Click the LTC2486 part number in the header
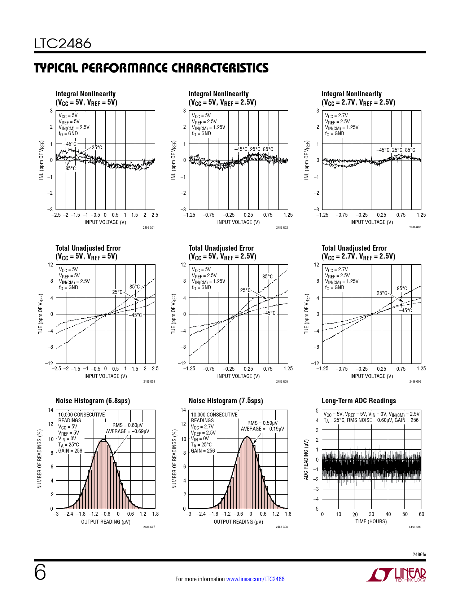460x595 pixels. [63, 44]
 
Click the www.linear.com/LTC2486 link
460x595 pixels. [255, 579]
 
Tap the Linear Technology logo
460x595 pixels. [396, 575]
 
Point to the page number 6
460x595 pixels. [40, 573]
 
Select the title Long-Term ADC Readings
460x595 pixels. [359, 401]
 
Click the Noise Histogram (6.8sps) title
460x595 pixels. [93, 401]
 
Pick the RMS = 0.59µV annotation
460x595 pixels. [262, 423]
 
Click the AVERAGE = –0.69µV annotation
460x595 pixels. [127, 431]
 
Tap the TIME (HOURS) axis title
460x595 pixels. [371, 521]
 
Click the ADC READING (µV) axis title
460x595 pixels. [306, 459]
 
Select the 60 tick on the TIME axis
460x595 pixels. [421, 514]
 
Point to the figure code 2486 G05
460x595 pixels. [282, 382]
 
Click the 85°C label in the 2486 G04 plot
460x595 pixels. [135, 287]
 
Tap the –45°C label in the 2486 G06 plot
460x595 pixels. [406, 310]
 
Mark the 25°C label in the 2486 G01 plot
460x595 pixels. [97, 147]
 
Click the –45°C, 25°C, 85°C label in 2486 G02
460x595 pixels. [254, 149]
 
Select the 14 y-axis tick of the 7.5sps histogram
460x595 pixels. [183, 410]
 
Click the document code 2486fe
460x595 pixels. [419, 554]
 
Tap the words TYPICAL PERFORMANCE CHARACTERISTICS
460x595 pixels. [151, 68]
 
